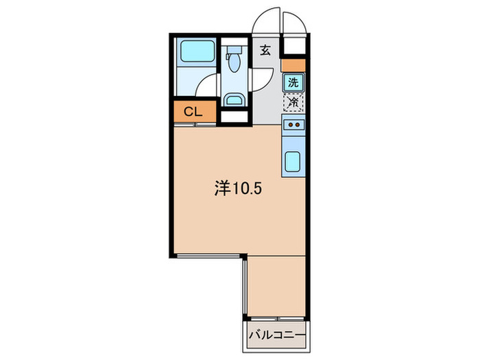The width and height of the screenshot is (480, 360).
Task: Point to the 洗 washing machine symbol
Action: click(x=293, y=82)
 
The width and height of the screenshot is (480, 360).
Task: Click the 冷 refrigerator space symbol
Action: click(x=293, y=102)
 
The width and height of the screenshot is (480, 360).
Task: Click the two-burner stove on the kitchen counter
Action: click(x=293, y=125)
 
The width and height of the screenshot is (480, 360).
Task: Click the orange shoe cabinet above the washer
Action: click(x=293, y=66)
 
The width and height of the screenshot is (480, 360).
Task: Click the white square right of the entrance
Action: click(x=293, y=47)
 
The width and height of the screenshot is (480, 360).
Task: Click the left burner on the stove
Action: click(x=289, y=125)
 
